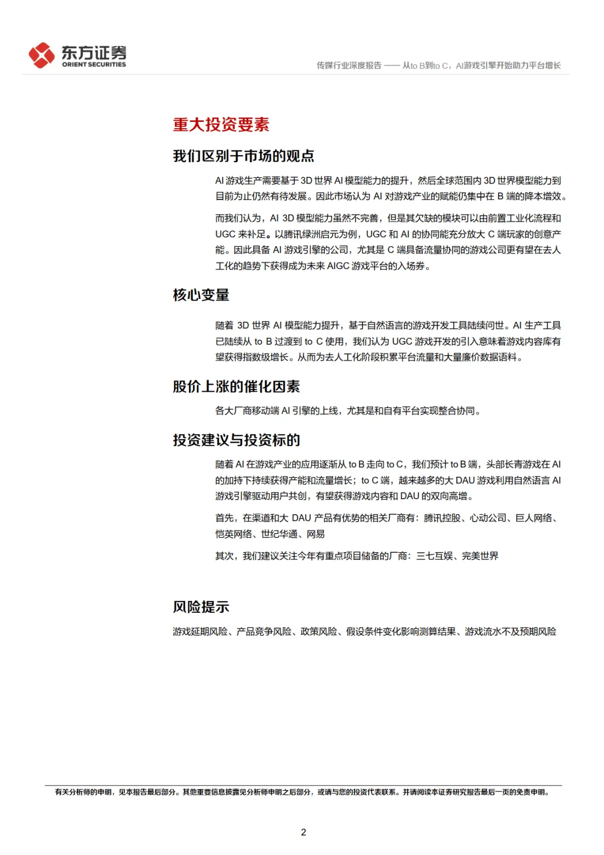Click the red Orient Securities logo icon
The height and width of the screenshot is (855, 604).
(42, 55)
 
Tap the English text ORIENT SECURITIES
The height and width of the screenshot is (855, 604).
(94, 65)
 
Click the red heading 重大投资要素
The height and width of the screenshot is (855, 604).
(221, 124)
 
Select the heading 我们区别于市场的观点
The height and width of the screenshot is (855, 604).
(243, 156)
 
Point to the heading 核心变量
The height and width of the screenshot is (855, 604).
(201, 295)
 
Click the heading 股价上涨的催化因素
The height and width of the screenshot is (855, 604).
(236, 387)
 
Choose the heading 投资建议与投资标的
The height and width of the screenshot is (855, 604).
(236, 440)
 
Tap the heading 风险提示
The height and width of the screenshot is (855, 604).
(201, 607)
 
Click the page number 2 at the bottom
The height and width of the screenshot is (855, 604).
(303, 832)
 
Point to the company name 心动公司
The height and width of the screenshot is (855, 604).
(488, 518)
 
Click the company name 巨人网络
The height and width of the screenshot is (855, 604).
(534, 518)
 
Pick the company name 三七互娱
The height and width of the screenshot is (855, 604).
(435, 556)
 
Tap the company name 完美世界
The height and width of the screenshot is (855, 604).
(480, 556)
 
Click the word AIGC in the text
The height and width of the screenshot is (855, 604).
(338, 266)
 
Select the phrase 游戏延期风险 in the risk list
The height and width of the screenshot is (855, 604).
(200, 632)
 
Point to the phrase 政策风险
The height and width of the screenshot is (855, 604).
(319, 632)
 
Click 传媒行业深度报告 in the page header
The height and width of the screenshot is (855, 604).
(349, 65)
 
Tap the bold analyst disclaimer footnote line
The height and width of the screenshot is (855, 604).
(302, 792)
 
